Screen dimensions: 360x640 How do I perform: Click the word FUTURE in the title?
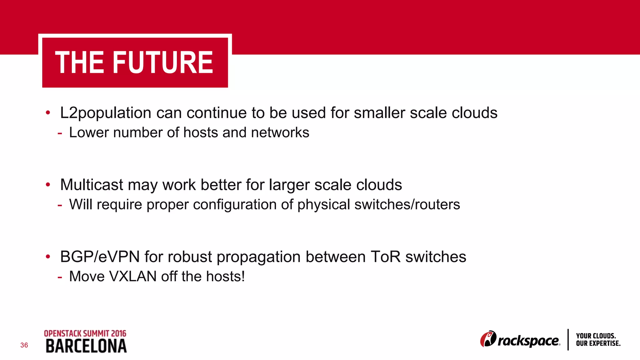pos(162,63)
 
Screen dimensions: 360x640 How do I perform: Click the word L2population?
pos(106,113)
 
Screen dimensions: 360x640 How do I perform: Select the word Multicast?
pos(92,185)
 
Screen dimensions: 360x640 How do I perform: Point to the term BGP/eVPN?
pos(100,257)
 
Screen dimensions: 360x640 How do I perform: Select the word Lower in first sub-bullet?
pos(89,132)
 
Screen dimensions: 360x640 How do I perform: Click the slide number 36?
pos(24,345)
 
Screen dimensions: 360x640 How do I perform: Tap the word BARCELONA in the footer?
pos(86,346)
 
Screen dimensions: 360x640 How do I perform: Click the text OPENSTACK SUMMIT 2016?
pos(85,333)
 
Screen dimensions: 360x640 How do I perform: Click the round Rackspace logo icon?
pos(488,339)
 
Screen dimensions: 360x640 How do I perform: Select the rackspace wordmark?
pos(528,341)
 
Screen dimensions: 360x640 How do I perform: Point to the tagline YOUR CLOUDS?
pos(596,336)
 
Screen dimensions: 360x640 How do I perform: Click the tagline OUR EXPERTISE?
pos(598,343)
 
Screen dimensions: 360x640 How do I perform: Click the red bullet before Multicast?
pos(48,185)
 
